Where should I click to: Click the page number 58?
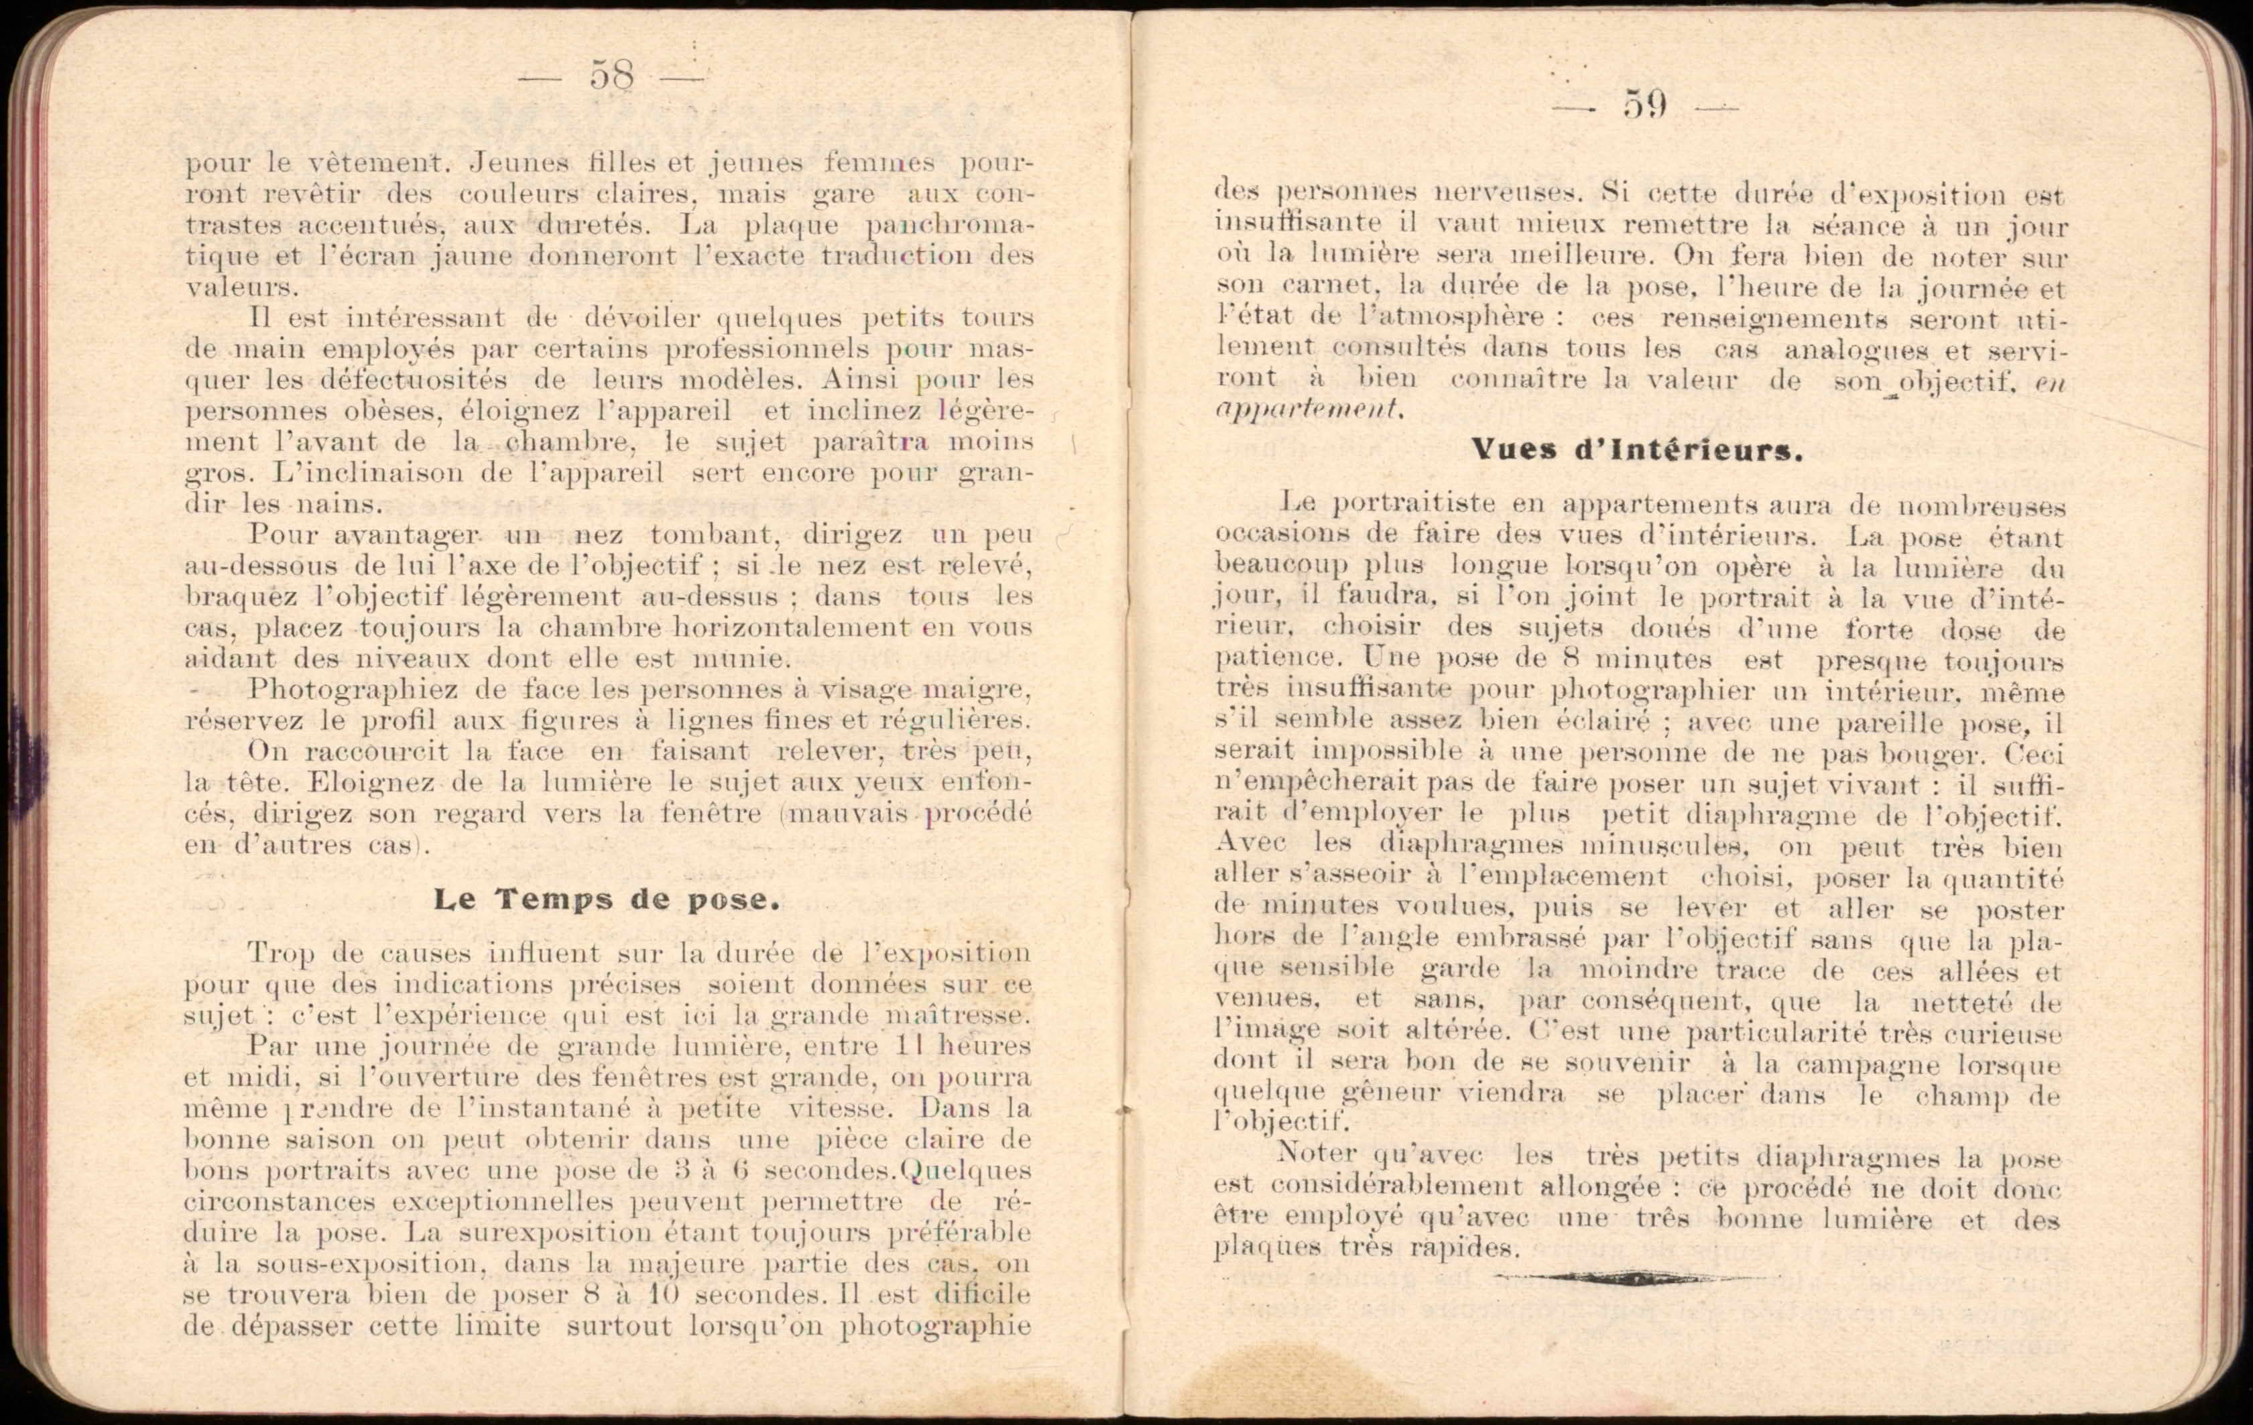point(612,76)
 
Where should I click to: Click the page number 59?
point(1645,105)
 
